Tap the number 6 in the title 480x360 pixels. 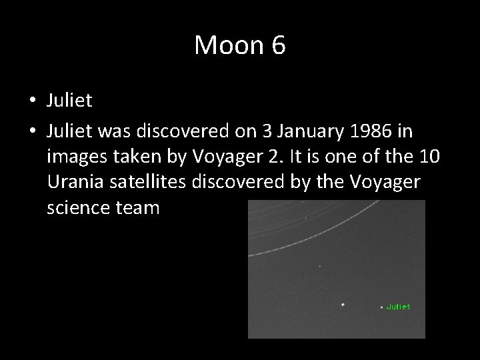pos(277,46)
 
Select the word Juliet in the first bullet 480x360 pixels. pos(69,101)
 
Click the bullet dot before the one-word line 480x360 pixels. pos(32,102)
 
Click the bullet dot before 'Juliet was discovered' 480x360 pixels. pos(32,133)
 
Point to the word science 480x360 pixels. pos(75,208)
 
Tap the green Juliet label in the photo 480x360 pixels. pos(398,307)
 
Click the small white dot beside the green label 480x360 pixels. pos(382,307)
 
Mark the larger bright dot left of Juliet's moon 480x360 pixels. pos(343,305)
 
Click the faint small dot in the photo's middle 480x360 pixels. pos(319,265)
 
